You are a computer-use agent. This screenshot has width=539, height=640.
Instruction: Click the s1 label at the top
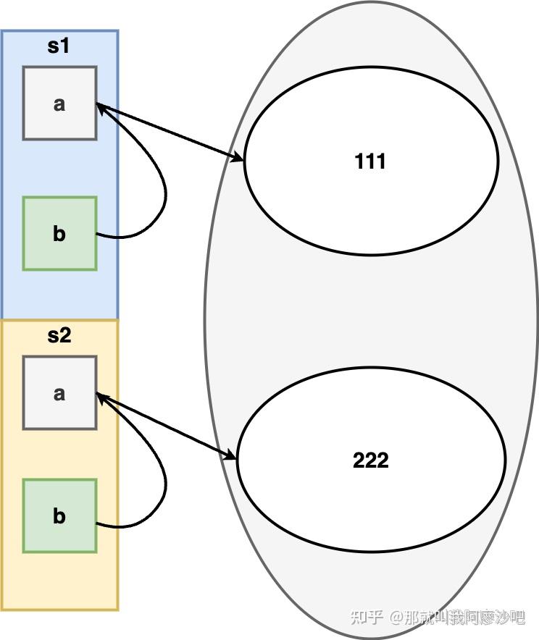pos(59,46)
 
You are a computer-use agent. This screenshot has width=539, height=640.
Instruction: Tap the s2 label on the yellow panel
pos(59,335)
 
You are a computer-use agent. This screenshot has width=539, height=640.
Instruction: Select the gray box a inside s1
pos(59,103)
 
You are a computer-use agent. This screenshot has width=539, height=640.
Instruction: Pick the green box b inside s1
pos(59,233)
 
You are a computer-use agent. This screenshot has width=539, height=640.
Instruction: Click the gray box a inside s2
pos(59,392)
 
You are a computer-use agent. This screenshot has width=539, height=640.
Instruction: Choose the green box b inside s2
pos(59,516)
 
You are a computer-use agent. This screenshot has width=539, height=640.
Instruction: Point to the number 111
pos(370,161)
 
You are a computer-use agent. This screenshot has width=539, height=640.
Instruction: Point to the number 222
pos(370,460)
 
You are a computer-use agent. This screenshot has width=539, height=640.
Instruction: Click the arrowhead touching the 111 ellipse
pos(238,157)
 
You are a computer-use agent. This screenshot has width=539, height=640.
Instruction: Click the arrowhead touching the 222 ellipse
pos(230,455)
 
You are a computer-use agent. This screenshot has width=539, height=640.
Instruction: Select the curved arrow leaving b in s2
pos(165,481)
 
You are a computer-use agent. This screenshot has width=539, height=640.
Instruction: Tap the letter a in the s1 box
pos(59,104)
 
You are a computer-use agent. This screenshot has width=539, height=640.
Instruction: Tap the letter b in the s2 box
pos(59,516)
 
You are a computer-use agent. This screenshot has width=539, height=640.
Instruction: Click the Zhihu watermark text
pos(438,617)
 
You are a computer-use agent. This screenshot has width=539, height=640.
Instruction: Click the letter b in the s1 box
pos(59,233)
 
